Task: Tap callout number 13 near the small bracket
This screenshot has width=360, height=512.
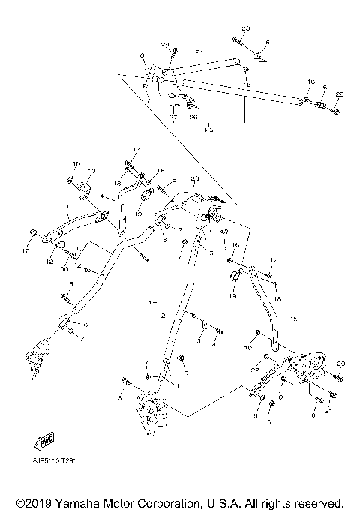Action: coord(93,170)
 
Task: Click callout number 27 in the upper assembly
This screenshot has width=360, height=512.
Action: coord(172,117)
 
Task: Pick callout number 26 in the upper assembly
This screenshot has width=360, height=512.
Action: coord(192,117)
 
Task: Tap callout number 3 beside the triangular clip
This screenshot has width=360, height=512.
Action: coord(197,341)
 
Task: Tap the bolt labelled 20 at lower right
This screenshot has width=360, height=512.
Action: coord(335,378)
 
